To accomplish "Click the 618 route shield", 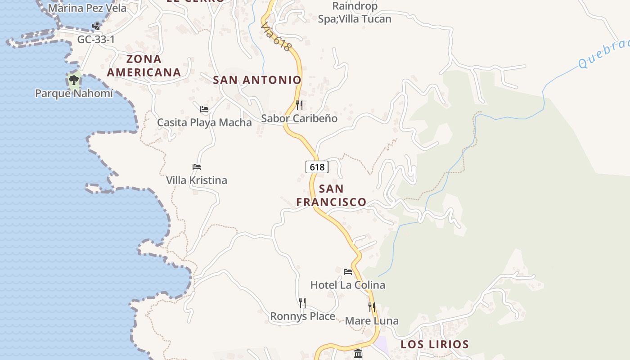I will click(x=317, y=167).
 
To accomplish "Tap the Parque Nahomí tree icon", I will click(x=74, y=80).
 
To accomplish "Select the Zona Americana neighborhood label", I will click(x=144, y=66).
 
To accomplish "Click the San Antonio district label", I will click(x=257, y=80).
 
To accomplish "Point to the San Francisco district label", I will click(x=331, y=195).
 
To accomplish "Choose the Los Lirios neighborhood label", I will click(x=435, y=345).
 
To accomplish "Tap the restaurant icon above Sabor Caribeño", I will click(x=299, y=105).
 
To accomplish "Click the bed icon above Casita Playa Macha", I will click(x=204, y=109).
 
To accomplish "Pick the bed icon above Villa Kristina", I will click(x=197, y=167).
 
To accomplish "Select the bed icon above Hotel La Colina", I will click(x=348, y=272).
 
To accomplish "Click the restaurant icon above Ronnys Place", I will click(x=302, y=303).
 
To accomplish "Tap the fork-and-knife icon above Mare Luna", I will click(x=372, y=307).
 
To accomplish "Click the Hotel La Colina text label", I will click(x=348, y=285).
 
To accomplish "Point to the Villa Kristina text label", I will click(x=197, y=180).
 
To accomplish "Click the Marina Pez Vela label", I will click(x=87, y=8).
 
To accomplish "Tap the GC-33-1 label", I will click(x=96, y=40).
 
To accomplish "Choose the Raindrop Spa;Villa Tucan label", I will click(x=355, y=13).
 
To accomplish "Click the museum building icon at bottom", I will click(x=358, y=354).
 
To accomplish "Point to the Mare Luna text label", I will click(x=372, y=321).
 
